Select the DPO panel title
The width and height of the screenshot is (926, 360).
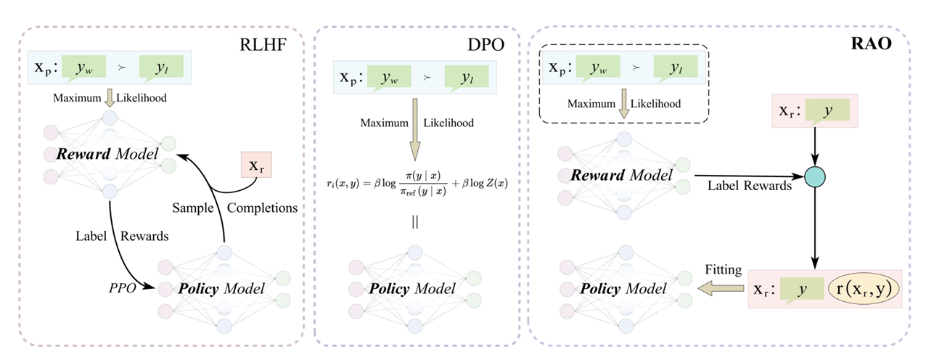(x=487, y=44)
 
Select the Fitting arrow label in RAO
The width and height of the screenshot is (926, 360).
(x=723, y=270)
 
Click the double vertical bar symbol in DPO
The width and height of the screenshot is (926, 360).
(x=414, y=222)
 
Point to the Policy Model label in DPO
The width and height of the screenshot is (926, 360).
(x=413, y=288)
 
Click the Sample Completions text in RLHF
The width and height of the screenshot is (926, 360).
(x=235, y=208)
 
